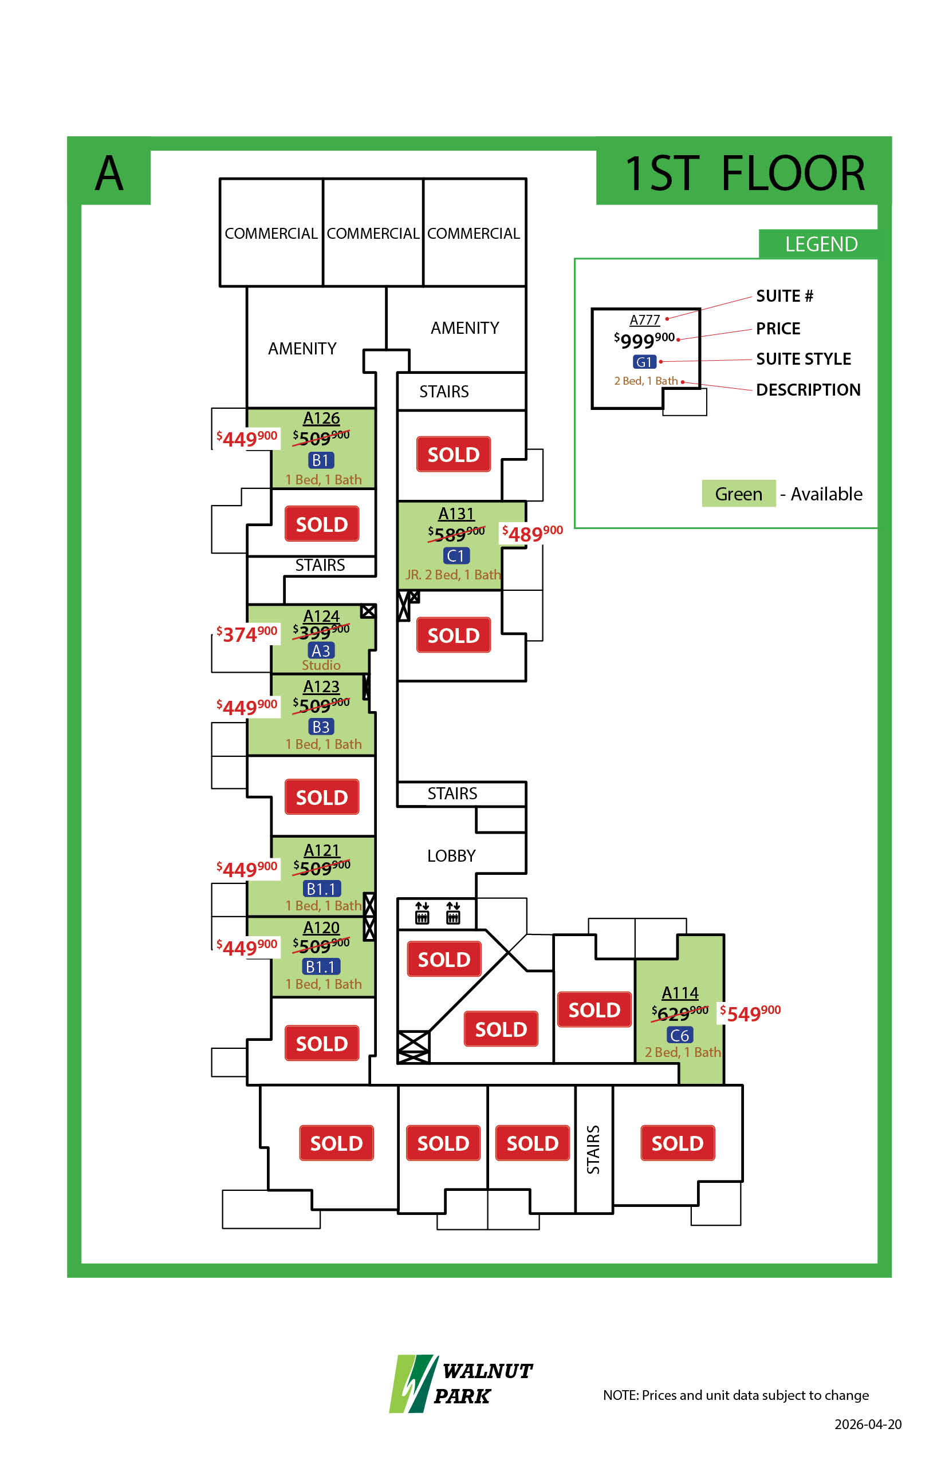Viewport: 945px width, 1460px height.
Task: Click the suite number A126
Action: click(x=321, y=419)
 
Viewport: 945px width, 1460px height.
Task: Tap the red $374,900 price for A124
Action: click(x=247, y=634)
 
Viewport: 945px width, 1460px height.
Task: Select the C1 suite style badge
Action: click(x=456, y=556)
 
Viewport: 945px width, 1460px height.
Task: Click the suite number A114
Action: click(x=680, y=993)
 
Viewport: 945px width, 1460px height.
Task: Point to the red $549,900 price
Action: click(x=750, y=1013)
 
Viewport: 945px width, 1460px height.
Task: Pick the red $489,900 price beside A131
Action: click(x=532, y=533)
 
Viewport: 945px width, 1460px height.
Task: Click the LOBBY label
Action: click(x=451, y=856)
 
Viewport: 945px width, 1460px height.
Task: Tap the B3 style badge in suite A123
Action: click(x=321, y=727)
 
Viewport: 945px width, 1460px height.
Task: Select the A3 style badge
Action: click(x=321, y=650)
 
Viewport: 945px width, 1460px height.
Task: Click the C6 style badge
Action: click(x=679, y=1036)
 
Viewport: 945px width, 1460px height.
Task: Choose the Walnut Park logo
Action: click(x=461, y=1383)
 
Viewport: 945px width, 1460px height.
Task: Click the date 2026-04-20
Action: click(x=868, y=1425)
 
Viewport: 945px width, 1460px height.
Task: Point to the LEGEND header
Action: click(x=821, y=244)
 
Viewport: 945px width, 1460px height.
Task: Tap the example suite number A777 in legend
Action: click(x=644, y=320)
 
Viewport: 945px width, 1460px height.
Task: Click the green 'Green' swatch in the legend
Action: click(x=738, y=494)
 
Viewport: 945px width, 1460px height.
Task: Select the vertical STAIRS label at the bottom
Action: click(x=593, y=1150)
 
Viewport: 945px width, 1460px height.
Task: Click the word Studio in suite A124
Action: click(x=321, y=665)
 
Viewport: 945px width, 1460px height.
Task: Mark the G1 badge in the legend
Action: click(x=644, y=362)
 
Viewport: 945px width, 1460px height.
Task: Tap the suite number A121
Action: click(x=321, y=850)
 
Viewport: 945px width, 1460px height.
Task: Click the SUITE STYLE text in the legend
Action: click(x=803, y=359)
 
